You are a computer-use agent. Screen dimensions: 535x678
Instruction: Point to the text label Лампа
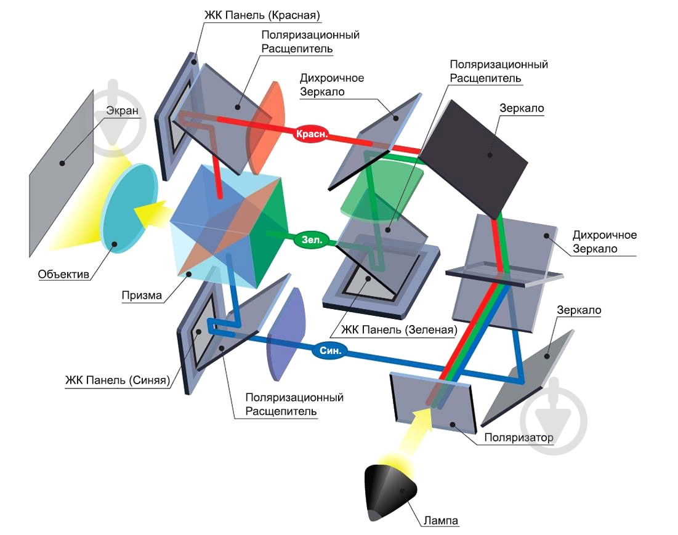pos(441,521)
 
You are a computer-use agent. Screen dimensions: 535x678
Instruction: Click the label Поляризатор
pos(519,438)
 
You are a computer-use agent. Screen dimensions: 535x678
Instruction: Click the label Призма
pos(142,296)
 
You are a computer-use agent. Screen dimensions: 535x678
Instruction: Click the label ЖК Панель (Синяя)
pos(117,380)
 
